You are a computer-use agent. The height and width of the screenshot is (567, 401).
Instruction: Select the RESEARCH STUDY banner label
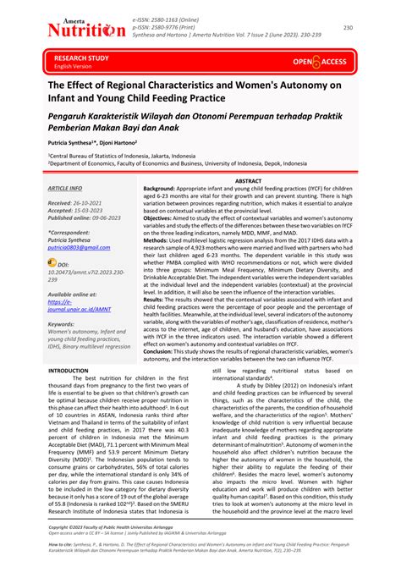81,58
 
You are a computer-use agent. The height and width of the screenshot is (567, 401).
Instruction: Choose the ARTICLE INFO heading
65,188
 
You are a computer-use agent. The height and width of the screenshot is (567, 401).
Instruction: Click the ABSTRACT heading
247,181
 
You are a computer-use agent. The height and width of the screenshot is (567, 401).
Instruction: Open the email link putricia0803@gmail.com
79,248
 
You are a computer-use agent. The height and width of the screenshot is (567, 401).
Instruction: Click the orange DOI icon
53,263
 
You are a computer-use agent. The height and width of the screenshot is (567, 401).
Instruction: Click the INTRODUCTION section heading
74,371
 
